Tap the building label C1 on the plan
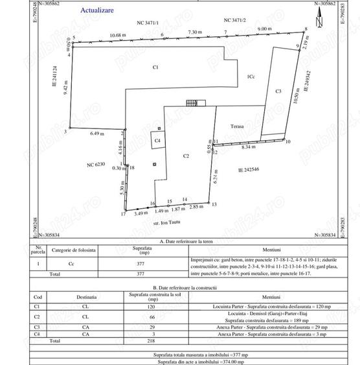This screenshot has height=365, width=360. pos(155,67)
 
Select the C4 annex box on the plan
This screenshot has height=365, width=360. pos(157,139)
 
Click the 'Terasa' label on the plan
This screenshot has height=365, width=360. pos(236,127)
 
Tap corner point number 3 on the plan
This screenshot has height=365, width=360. pos(66,132)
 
